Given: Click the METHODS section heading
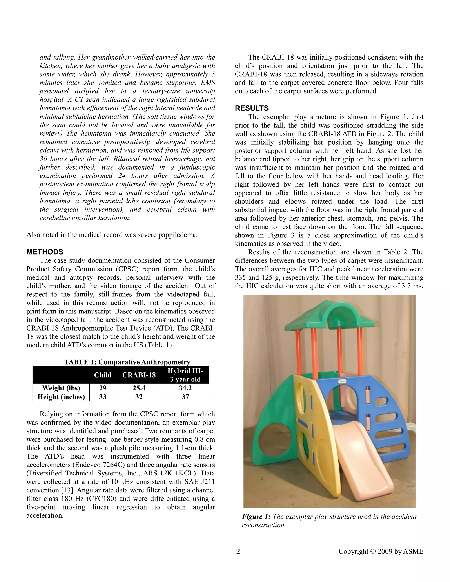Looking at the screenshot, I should [x=45, y=252].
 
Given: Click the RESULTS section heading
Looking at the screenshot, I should [x=252, y=108].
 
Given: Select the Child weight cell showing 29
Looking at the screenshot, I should [x=103, y=388].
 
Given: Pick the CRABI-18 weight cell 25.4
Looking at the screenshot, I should [x=139, y=388].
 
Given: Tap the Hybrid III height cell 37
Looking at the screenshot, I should [x=185, y=397].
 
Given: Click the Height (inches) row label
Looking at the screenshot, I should [x=61, y=397].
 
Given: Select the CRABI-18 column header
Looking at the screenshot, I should [x=139, y=375].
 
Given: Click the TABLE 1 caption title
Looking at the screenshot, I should [x=127, y=362].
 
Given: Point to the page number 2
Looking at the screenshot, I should [x=238, y=551].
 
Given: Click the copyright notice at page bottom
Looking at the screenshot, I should [x=381, y=551].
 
